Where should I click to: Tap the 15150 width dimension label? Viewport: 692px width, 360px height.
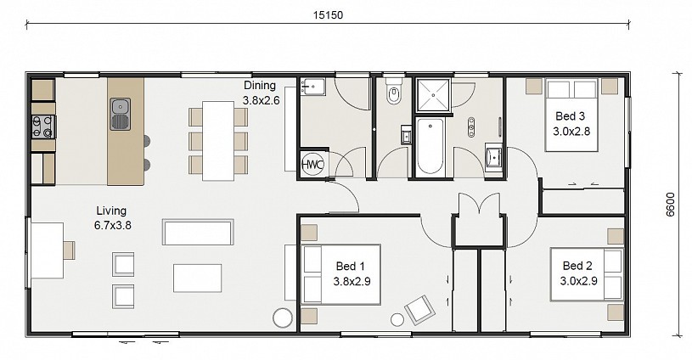tap(328, 15)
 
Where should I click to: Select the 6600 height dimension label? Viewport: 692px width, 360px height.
tap(671, 205)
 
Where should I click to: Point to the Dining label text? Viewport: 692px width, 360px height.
tap(260, 85)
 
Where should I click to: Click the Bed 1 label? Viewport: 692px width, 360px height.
tap(351, 266)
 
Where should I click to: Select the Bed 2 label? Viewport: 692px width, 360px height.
tap(577, 266)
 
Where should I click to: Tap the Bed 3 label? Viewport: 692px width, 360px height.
tap(571, 116)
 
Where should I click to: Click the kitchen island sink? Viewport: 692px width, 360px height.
tap(121, 115)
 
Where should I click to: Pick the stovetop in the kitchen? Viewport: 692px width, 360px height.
tap(43, 127)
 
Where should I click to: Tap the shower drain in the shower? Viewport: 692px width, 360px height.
tap(433, 95)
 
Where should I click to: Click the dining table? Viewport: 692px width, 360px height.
tap(218, 141)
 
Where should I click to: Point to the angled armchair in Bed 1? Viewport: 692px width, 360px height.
tap(420, 310)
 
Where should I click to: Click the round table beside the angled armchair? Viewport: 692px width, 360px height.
tap(397, 320)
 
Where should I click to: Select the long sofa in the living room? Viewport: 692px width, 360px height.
tap(198, 232)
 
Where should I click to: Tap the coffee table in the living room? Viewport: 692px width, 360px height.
tap(197, 278)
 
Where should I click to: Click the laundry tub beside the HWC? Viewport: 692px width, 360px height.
tap(313, 87)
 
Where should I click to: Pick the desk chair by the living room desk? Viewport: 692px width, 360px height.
tap(69, 250)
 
